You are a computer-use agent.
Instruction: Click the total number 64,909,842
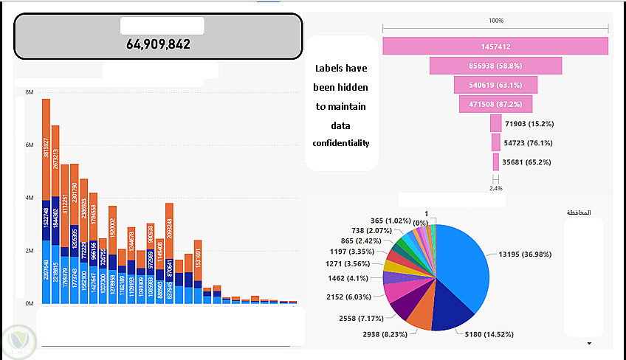pyautogui.click(x=158, y=44)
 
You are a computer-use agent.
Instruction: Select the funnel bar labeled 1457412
pyautogui.click(x=495, y=46)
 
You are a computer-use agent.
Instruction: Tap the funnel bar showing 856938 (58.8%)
pyautogui.click(x=495, y=65)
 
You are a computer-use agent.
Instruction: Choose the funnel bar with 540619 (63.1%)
pyautogui.click(x=495, y=85)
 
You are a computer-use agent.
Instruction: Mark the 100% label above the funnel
pyautogui.click(x=495, y=21)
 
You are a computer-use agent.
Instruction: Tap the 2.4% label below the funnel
pyautogui.click(x=495, y=188)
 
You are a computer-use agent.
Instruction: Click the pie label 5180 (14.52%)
pyautogui.click(x=488, y=334)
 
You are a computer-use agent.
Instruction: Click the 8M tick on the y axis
pyautogui.click(x=30, y=92)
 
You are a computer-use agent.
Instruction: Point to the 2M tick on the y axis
pyautogui.click(x=30, y=251)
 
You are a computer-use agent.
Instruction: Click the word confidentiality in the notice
pyautogui.click(x=341, y=143)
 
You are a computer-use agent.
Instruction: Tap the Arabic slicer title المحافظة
pyautogui.click(x=579, y=212)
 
